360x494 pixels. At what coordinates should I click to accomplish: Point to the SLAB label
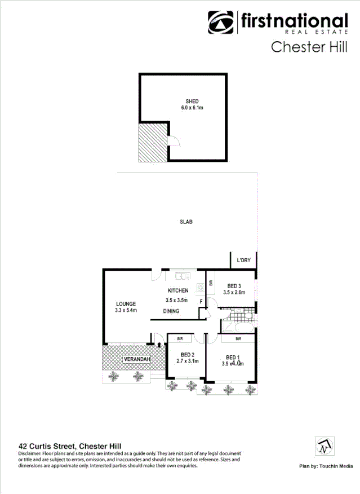[186, 222]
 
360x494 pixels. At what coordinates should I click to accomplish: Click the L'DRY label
[243, 261]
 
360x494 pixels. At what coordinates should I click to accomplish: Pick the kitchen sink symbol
[181, 276]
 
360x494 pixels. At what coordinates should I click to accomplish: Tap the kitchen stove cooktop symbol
[200, 288]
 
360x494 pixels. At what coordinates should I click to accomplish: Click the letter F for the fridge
[201, 302]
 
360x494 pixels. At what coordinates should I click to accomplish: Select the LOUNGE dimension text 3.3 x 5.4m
[126, 310]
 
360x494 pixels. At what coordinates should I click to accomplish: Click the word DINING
[172, 311]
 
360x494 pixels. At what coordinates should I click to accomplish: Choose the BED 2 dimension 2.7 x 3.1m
[188, 361]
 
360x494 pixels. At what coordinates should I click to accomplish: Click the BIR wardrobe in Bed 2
[180, 339]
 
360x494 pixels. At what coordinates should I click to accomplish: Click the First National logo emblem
[221, 23]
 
